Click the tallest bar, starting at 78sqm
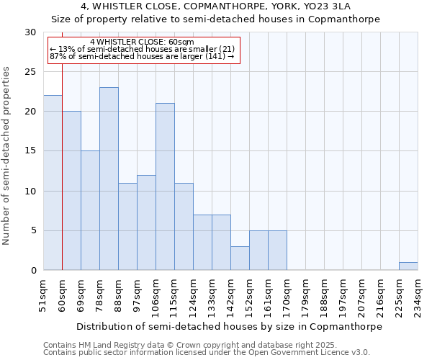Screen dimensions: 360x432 click(x=109, y=179)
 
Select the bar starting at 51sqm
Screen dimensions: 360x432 click(x=53, y=183)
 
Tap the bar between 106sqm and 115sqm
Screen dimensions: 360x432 click(x=165, y=186)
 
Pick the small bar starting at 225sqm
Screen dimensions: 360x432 click(x=408, y=266)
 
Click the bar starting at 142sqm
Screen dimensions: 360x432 click(x=240, y=258)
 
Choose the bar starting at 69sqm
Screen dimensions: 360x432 click(x=90, y=210)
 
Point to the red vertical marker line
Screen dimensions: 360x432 click(x=63, y=166)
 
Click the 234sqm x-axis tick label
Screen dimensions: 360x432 click(x=418, y=294)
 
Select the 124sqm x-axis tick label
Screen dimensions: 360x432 click(x=194, y=294)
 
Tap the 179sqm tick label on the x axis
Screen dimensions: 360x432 click(x=306, y=294)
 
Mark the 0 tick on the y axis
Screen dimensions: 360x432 click(x=32, y=271)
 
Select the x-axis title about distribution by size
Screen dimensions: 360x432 click(x=228, y=326)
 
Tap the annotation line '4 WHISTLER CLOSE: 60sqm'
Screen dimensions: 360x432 click(x=142, y=42)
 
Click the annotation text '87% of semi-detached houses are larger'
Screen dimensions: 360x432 click(x=142, y=56)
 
